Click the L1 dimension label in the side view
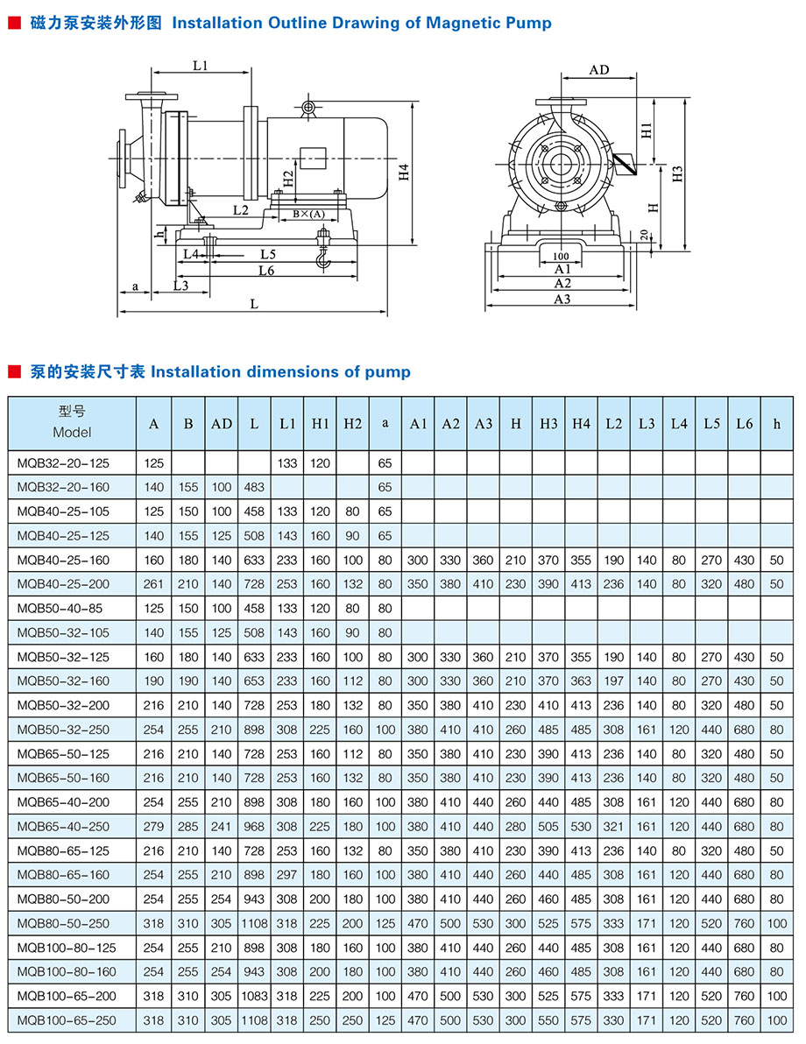200,65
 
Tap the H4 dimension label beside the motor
404,172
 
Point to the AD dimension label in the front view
599,70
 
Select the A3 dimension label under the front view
562,299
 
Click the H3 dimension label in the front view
677,173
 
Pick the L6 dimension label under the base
267,271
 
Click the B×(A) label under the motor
308,214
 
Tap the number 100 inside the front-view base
561,256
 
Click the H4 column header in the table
581,423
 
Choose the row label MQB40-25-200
63,584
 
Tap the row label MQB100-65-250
66,1019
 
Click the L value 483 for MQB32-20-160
254,487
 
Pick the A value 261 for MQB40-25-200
154,584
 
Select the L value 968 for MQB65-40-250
254,826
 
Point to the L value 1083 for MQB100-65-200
254,996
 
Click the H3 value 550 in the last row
548,1019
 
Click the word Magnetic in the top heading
461,23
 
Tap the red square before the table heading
14,372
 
